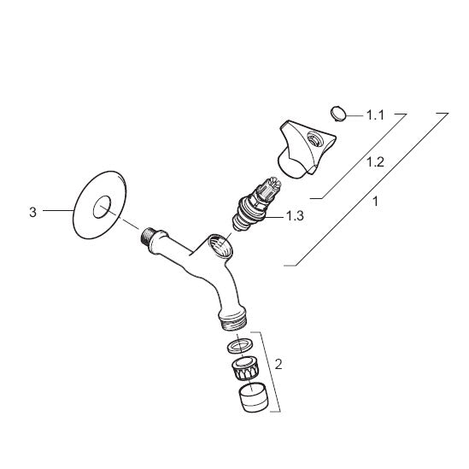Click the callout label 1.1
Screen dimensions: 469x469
tap(375, 115)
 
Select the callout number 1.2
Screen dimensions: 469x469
tap(375, 162)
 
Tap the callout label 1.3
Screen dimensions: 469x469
tap(296, 215)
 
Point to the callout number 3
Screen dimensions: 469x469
tap(33, 213)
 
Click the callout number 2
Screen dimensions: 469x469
tap(278, 364)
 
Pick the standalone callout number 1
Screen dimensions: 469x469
tap(375, 202)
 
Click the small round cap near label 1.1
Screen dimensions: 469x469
tap(338, 114)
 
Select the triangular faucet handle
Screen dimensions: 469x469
tap(306, 149)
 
